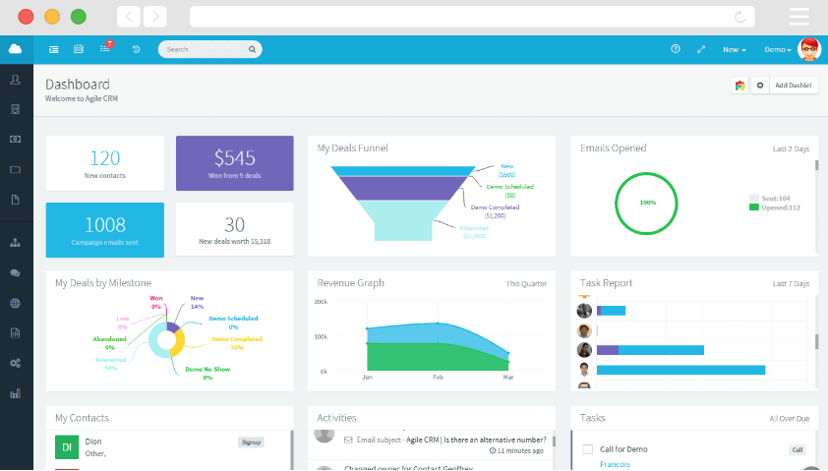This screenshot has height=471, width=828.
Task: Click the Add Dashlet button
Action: tap(793, 86)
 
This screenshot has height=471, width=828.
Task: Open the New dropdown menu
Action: tap(735, 49)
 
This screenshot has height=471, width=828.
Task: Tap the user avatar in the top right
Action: tap(809, 49)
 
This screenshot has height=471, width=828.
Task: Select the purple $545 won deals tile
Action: tap(234, 163)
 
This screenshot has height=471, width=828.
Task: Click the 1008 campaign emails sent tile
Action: tap(104, 230)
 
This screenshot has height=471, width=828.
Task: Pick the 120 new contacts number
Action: tap(104, 157)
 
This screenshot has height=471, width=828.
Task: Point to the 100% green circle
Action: tap(647, 203)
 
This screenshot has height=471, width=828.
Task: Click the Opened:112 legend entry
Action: tap(776, 207)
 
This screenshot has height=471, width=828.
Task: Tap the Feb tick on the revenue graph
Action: tap(438, 377)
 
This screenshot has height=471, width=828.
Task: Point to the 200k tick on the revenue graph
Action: tap(321, 302)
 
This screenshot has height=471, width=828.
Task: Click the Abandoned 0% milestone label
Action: tap(109, 342)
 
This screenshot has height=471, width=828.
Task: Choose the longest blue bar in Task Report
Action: tap(680, 370)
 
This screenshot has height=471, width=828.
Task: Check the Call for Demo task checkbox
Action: tap(588, 449)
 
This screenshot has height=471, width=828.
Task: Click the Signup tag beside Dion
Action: tap(251, 442)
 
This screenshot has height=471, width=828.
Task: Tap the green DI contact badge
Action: tap(67, 447)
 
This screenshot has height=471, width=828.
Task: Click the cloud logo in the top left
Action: tap(16, 49)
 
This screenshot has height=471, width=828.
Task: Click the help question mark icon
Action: tap(675, 49)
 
